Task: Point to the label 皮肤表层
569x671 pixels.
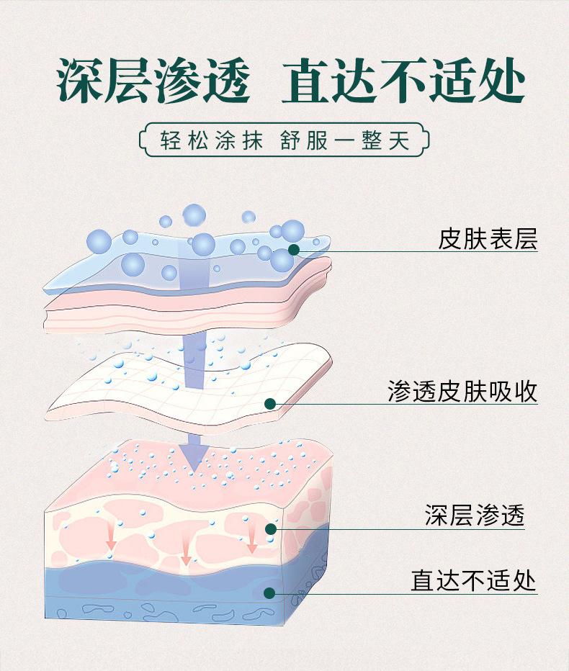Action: tap(488, 238)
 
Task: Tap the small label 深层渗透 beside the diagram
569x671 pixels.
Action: tap(474, 515)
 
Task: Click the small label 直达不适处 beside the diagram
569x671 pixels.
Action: tap(474, 580)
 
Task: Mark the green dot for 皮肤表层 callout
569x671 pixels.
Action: tap(293, 250)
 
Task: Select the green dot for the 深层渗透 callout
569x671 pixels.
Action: tap(271, 529)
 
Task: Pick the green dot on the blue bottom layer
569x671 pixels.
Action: tap(269, 593)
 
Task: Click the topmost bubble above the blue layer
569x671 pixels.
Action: tap(194, 214)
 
